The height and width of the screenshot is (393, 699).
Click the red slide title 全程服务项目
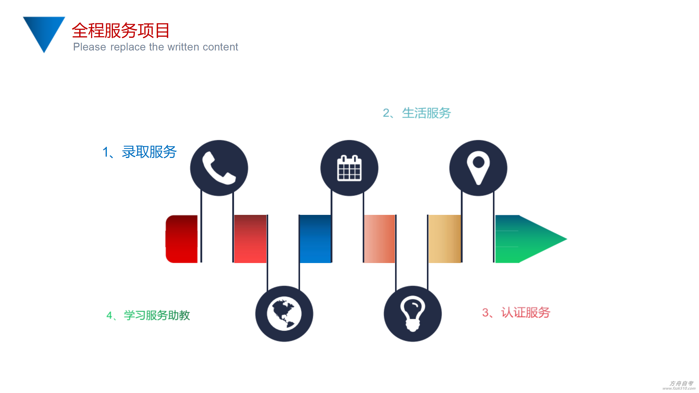121,30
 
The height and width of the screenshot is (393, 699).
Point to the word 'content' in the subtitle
220,47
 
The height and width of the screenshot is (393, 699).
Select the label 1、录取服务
140,152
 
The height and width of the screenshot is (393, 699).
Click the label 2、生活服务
417,113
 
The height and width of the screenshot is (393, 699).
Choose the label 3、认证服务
516,312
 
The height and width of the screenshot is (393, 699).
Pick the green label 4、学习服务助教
148,315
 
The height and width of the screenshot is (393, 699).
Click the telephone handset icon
219,168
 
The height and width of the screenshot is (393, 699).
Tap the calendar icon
349,168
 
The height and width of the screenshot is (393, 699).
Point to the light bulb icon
412,314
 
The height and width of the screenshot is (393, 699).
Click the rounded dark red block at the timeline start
181,239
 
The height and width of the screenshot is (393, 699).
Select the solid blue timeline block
315,239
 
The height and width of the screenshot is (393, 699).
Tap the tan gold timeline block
445,239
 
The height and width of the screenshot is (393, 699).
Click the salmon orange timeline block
379,239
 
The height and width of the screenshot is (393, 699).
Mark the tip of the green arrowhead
567,239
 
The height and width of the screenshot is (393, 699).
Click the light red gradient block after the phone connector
250,239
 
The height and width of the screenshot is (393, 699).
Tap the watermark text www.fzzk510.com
679,388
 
